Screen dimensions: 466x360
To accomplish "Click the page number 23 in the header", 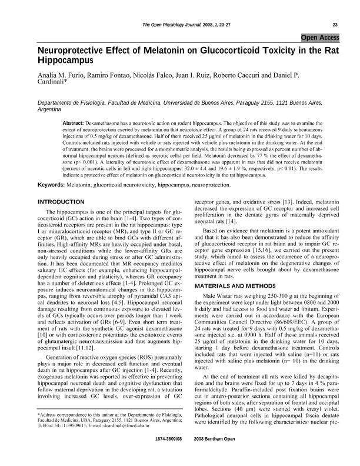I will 335,24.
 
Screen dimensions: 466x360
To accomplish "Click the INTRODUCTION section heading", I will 61,202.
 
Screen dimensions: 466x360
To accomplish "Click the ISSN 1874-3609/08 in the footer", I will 169,456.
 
